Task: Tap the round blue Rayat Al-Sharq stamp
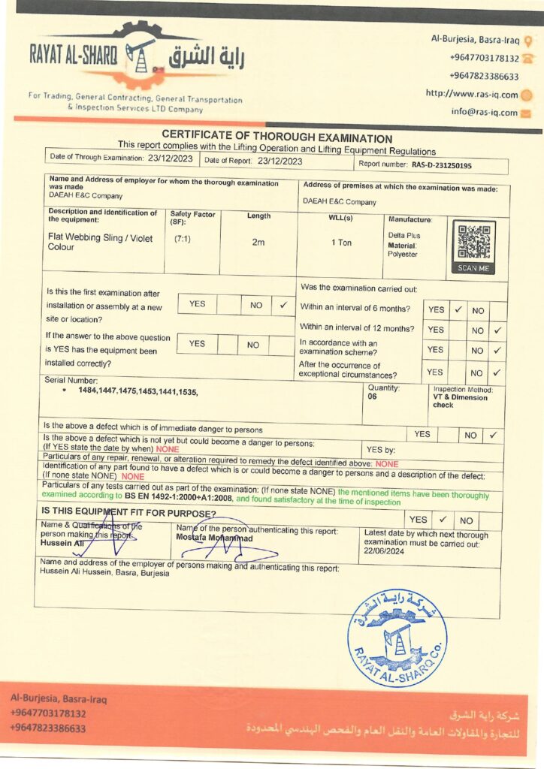pyautogui.click(x=397, y=638)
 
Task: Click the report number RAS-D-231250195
pyautogui.click(x=441, y=164)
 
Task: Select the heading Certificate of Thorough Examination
pyautogui.click(x=277, y=138)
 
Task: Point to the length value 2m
pyautogui.click(x=258, y=242)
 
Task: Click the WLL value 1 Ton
pyautogui.click(x=341, y=242)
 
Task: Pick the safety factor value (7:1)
pyautogui.click(x=182, y=239)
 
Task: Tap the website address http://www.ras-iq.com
pyautogui.click(x=472, y=94)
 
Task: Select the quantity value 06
pyautogui.click(x=373, y=397)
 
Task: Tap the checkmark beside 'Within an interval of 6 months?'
pyautogui.click(x=458, y=309)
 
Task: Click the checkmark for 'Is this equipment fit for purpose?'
pyautogui.click(x=443, y=519)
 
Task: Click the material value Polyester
pyautogui.click(x=403, y=255)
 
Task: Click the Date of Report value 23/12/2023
pyautogui.click(x=280, y=160)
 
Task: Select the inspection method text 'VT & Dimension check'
pyautogui.click(x=460, y=401)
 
